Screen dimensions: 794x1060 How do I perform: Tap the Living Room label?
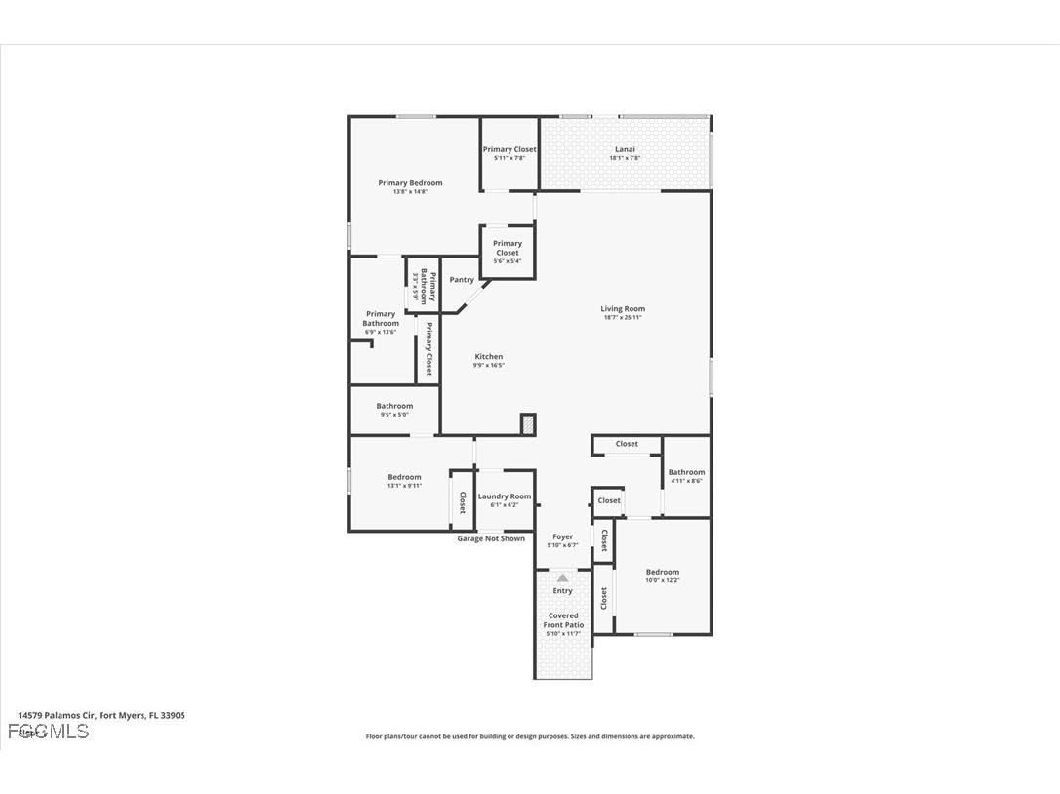(623, 309)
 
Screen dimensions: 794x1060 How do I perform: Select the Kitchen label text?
(489, 357)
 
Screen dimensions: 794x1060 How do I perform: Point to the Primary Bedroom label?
(410, 183)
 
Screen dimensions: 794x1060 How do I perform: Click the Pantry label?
(462, 280)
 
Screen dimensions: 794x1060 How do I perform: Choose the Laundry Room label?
(505, 496)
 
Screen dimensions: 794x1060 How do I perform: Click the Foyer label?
(563, 536)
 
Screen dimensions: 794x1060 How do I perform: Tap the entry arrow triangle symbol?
(562, 578)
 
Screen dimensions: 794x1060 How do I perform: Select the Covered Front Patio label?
(563, 620)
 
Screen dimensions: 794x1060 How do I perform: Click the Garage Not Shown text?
(491, 538)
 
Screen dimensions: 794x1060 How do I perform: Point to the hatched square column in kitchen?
(528, 423)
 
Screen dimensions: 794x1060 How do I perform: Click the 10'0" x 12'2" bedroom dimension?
(663, 580)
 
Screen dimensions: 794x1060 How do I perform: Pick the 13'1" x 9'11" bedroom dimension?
(404, 486)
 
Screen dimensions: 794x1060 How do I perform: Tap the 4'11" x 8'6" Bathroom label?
(686, 472)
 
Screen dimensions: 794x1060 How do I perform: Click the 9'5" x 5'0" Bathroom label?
(394, 406)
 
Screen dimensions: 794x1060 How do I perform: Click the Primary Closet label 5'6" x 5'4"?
(508, 248)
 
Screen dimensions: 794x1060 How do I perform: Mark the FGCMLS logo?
(48, 732)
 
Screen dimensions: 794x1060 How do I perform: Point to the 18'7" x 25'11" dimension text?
(623, 318)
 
